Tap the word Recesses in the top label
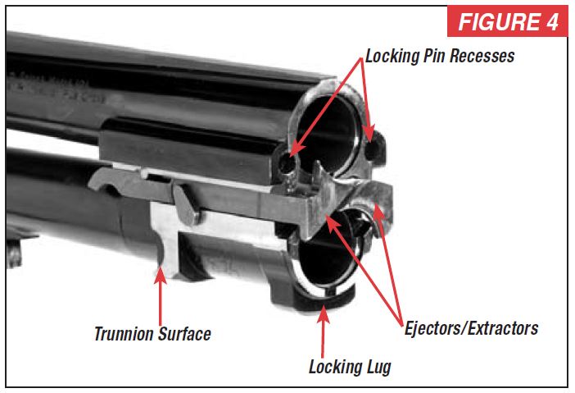tap(484, 57)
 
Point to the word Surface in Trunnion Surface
tap(188, 334)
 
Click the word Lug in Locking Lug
tap(376, 367)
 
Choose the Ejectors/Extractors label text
tap(471, 328)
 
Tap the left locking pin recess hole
tap(286, 164)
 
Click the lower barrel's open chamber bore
tap(328, 267)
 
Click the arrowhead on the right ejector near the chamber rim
tap(378, 212)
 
